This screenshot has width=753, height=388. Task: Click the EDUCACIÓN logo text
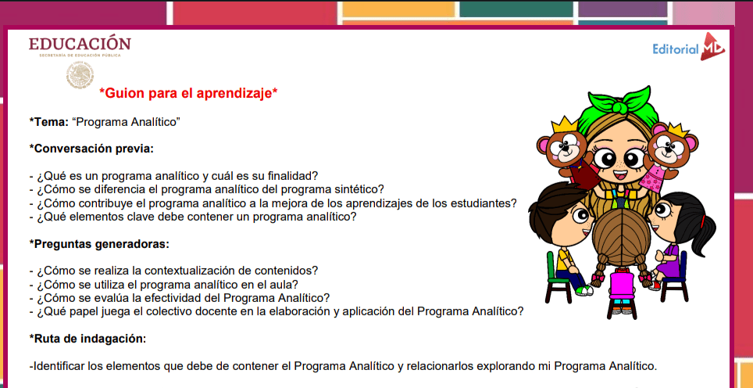pyautogui.click(x=80, y=43)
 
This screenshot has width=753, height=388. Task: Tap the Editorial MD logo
pyautogui.click(x=689, y=47)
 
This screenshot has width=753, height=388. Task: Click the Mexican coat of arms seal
pyautogui.click(x=80, y=75)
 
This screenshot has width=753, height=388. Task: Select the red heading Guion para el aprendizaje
pyautogui.click(x=188, y=93)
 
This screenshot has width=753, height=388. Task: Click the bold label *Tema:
pyautogui.click(x=49, y=122)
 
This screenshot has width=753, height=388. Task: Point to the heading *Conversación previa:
pyautogui.click(x=91, y=149)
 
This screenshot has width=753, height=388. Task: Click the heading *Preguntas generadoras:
pyautogui.click(x=99, y=244)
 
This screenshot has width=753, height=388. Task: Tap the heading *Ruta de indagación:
pyautogui.click(x=87, y=339)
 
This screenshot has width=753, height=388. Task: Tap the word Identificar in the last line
pyautogui.click(x=58, y=366)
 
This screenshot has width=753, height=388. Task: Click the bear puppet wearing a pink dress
pyautogui.click(x=666, y=154)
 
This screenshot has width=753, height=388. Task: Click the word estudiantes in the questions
pyautogui.click(x=484, y=203)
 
